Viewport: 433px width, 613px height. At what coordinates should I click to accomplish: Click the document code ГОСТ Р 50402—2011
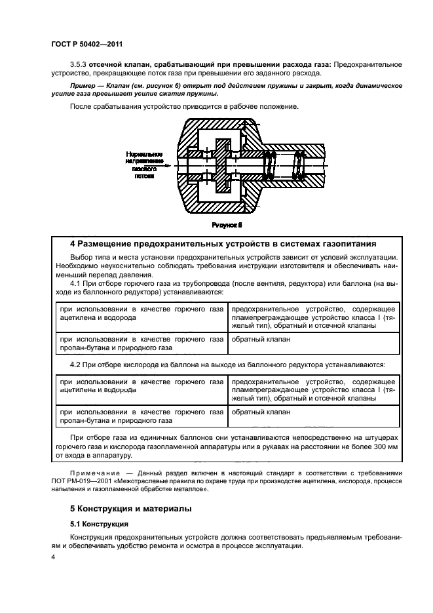(86, 45)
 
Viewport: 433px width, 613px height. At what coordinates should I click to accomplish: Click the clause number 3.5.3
(79, 64)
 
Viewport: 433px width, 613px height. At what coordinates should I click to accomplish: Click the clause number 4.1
(77, 283)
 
